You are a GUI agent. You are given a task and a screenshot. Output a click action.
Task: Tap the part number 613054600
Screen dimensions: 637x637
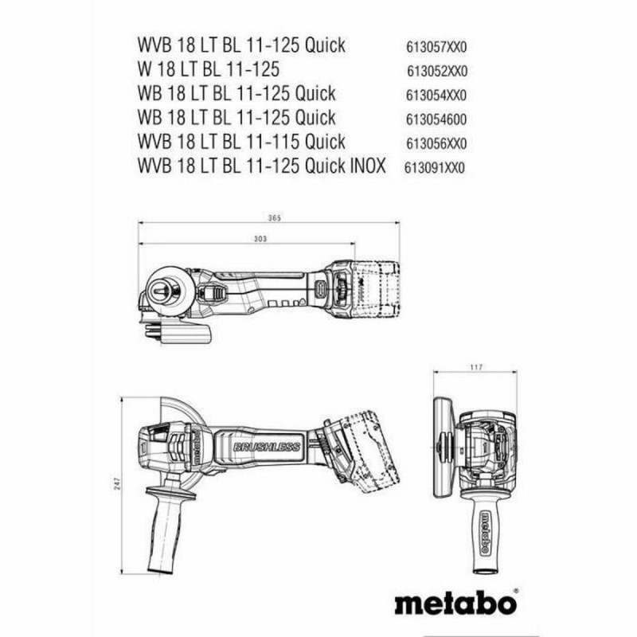(436, 120)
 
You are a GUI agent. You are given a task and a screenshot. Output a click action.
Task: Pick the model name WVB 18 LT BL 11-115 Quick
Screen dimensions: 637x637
(242, 143)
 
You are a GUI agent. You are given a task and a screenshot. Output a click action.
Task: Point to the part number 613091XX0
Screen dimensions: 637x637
(435, 168)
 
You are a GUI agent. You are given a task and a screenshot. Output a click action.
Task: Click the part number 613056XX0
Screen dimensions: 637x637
(436, 144)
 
